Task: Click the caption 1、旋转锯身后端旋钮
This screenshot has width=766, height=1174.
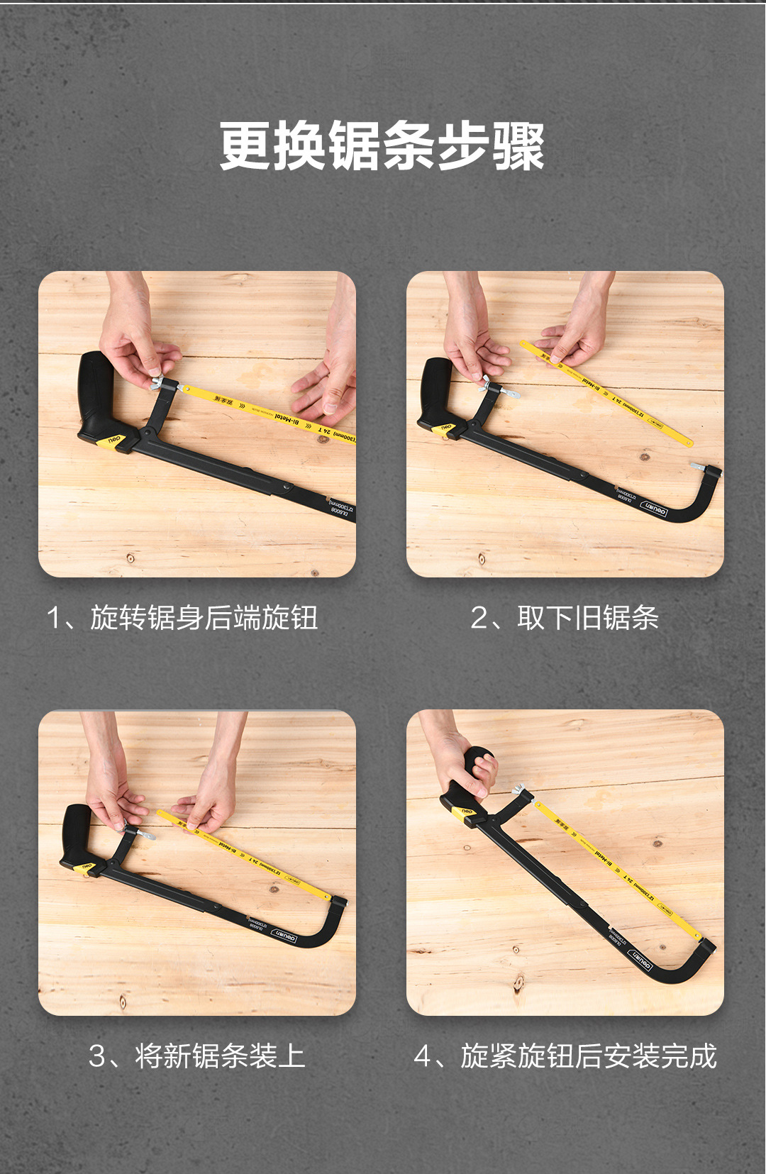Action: click(x=182, y=618)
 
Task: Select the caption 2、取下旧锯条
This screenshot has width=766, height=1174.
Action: click(x=565, y=618)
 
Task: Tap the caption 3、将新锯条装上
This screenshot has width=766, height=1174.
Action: click(x=196, y=1056)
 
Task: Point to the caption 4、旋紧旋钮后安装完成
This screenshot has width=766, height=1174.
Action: click(x=565, y=1056)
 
